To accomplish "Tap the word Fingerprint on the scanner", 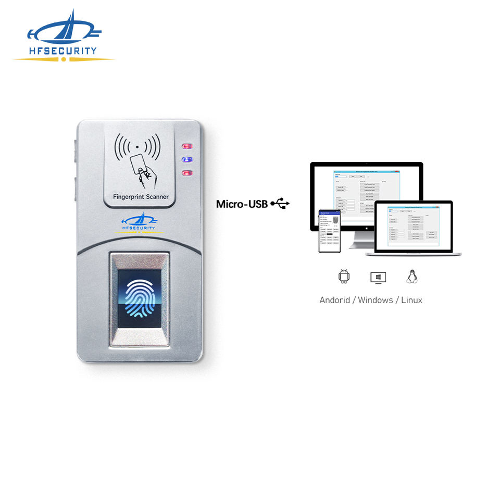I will pos(130,197).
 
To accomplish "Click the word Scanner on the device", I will pos(158,197).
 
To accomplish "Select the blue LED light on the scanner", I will pos(186,160).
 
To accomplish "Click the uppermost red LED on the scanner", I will pos(186,147).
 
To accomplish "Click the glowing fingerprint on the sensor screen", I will pos(139,298).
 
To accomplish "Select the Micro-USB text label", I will pos(242,204).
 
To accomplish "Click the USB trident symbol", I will pos(280,204).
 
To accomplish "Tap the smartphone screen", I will pos(329,231).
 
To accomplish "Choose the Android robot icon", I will pos(344,277).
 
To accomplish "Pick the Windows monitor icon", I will pos(378,277).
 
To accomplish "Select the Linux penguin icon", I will pos(411,277).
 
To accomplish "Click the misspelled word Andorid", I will pos(334,300).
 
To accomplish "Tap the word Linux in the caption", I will pos(411,300).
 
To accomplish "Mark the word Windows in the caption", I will pos(376,300).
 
